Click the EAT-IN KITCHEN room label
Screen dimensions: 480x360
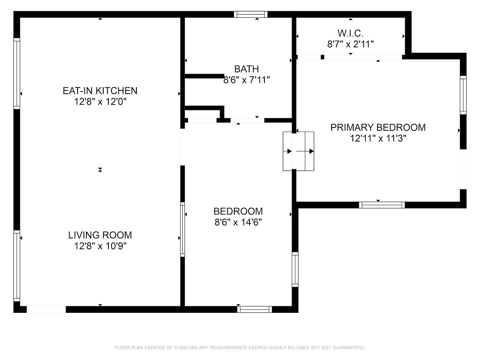100,91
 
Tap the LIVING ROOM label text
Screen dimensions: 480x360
100,235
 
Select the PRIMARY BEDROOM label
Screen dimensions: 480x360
378,128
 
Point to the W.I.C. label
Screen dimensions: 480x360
350,34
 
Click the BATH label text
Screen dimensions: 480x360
246,69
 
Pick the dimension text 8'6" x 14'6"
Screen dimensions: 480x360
238,222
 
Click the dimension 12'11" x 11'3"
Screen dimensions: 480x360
378,138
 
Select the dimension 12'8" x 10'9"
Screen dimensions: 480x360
100,246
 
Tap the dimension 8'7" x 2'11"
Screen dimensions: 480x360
350,44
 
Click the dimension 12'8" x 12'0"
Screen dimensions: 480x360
100,102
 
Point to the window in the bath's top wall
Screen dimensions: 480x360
251,14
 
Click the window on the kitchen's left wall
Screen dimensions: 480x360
17,74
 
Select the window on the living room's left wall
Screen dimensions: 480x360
17,266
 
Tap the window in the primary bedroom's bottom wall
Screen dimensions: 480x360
382,205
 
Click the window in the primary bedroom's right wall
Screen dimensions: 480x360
463,95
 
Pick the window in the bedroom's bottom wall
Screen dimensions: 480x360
254,309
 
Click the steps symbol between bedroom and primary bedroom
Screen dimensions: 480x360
298,151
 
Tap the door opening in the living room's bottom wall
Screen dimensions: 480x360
46,309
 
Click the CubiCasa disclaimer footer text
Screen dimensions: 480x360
240,347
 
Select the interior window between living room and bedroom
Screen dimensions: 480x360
182,230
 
